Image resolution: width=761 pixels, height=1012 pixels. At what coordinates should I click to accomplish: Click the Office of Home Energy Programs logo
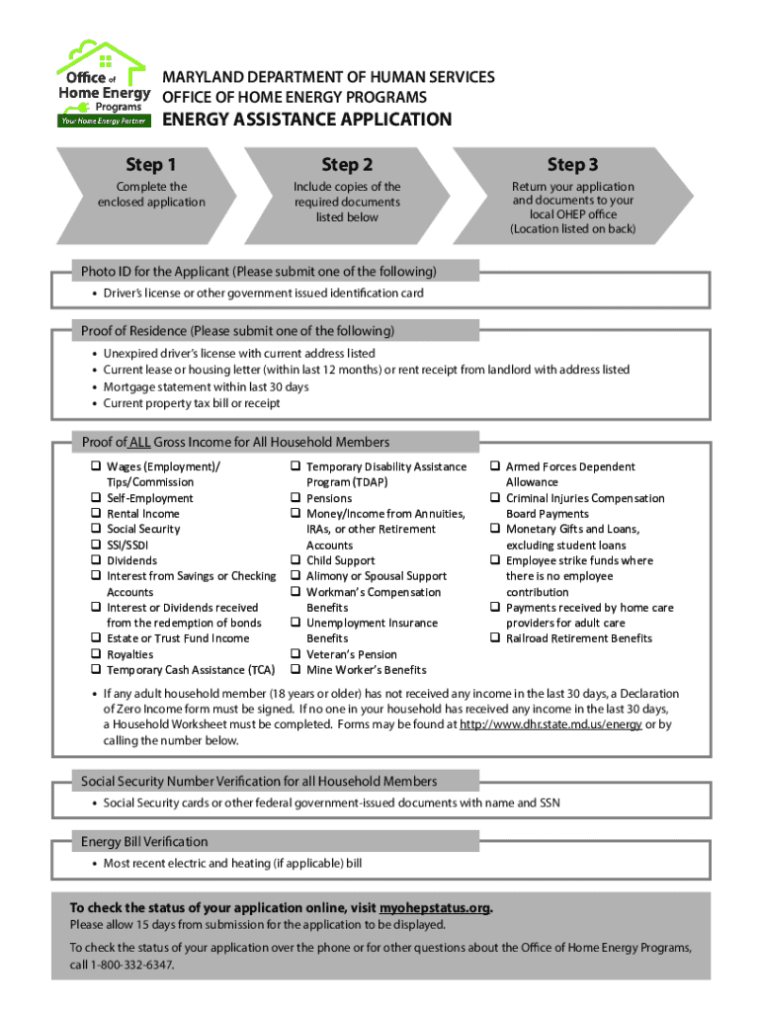(102, 84)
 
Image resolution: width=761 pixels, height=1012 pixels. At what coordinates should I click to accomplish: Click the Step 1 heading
(151, 164)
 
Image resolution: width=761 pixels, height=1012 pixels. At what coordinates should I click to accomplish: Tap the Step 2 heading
(347, 164)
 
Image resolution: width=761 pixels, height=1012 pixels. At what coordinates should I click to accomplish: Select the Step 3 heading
(572, 164)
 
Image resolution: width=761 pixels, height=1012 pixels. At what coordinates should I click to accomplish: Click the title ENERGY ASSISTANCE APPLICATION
(307, 120)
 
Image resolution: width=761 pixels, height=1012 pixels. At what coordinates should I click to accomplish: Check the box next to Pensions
(295, 498)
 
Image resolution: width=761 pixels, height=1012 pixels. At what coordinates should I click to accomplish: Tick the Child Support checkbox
(295, 560)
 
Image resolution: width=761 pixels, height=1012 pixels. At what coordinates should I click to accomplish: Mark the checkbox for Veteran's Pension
(295, 654)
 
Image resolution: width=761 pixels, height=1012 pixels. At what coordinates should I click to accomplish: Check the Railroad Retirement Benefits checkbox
(494, 638)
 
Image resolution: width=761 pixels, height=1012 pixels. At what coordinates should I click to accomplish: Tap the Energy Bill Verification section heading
(144, 842)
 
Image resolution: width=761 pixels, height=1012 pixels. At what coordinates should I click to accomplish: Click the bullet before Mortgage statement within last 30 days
(94, 387)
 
